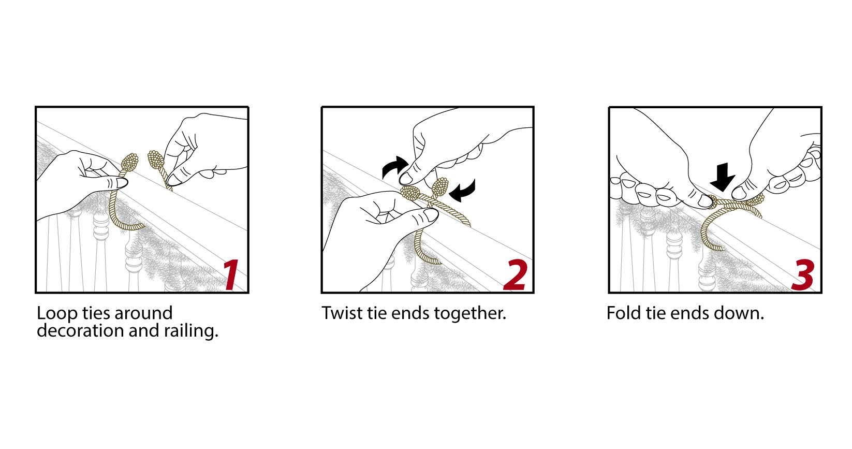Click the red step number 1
coord(231,274)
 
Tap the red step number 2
coord(515,274)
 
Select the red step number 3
coord(802,274)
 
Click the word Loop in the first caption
coord(56,314)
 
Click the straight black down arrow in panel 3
coord(722,177)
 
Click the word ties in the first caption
coord(95,313)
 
